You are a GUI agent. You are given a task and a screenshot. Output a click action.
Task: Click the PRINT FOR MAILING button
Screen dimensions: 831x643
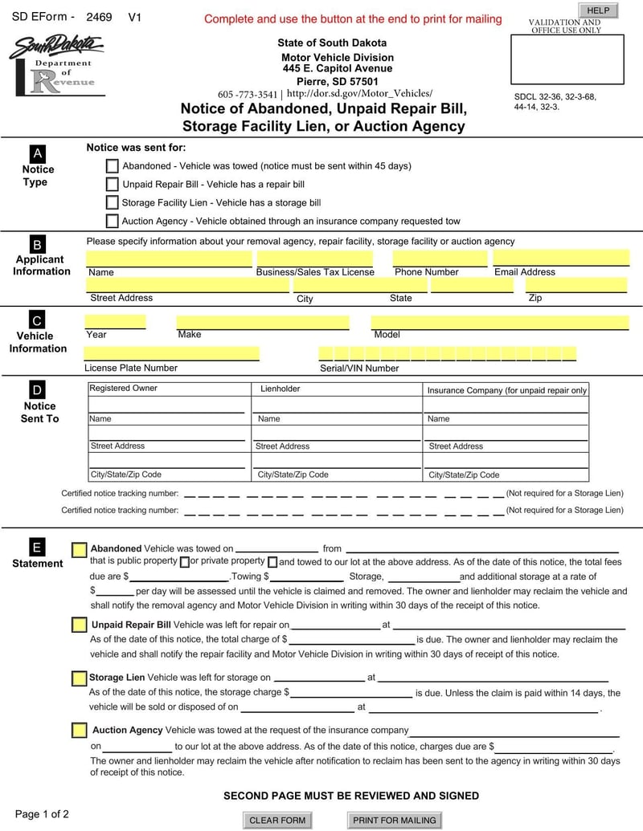395,820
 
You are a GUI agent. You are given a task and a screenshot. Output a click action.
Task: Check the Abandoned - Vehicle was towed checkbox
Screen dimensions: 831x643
113,166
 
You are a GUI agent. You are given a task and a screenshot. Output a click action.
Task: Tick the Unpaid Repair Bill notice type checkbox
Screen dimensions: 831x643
113,184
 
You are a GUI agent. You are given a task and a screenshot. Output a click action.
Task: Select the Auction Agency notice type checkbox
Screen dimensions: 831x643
113,221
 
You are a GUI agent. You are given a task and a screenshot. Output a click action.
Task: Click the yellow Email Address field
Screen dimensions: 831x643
560,258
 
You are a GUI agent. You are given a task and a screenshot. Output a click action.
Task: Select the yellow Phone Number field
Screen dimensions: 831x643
440,258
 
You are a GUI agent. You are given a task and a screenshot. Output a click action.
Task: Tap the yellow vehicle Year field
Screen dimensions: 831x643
115,322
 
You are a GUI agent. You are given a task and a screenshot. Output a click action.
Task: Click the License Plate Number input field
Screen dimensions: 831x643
171,353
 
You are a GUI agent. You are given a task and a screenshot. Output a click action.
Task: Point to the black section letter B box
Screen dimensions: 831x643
37,244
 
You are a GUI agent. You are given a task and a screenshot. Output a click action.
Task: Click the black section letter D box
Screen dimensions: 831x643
37,390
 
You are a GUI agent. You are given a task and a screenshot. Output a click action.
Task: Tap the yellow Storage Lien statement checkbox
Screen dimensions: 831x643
79,678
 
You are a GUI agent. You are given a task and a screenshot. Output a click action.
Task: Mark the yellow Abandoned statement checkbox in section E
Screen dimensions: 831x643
80,549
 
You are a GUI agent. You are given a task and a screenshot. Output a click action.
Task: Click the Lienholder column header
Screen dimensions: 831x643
281,389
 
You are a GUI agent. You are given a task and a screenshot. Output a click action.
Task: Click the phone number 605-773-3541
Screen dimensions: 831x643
248,94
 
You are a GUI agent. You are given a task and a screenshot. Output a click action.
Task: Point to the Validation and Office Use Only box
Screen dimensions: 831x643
567,59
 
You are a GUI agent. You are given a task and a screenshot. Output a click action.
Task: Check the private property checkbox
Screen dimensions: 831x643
272,562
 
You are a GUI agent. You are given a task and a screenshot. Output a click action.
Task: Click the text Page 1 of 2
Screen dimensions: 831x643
42,814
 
